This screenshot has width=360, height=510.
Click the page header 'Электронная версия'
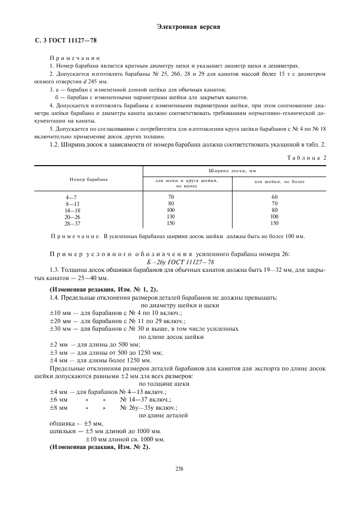[180, 27]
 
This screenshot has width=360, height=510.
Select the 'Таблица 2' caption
[307, 157]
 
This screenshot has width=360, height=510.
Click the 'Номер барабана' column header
[88, 179]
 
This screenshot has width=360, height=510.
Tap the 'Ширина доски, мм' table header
[234, 171]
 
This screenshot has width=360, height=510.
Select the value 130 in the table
[170, 216]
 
